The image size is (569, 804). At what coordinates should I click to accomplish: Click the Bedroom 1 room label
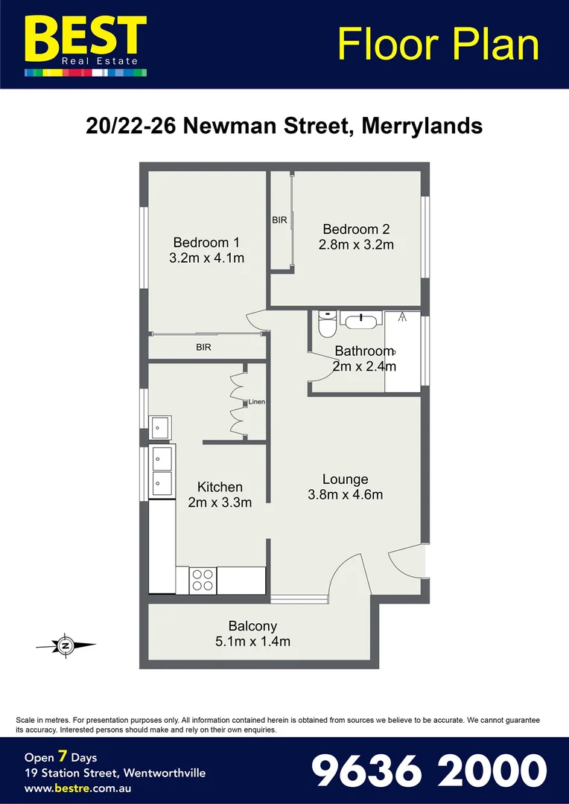tap(206, 242)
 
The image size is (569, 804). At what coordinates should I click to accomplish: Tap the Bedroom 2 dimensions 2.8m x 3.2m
tap(355, 245)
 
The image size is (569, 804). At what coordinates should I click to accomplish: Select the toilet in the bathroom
tap(327, 324)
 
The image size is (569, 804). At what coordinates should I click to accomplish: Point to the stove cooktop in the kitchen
tap(203, 579)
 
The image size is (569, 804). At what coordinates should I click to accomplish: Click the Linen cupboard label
tap(256, 402)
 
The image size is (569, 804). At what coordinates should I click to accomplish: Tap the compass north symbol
tap(66, 646)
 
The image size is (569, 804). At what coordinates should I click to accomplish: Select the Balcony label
tap(252, 626)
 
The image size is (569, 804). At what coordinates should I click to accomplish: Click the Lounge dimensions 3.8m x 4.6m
tap(345, 494)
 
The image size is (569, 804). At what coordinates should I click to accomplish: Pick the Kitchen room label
tap(220, 488)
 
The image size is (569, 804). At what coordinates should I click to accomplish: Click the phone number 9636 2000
tap(428, 770)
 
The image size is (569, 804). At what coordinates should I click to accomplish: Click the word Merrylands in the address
tap(422, 126)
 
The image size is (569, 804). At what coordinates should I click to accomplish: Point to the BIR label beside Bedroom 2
tap(279, 220)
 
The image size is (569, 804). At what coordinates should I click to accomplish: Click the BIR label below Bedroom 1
tap(203, 347)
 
